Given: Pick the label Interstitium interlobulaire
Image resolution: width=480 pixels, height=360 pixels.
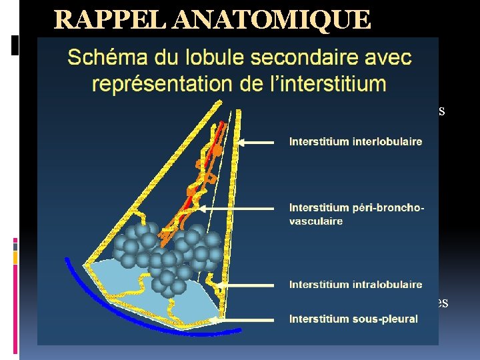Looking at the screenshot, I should pos(355,141).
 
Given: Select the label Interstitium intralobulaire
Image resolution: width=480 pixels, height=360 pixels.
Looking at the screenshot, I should pos(355,285).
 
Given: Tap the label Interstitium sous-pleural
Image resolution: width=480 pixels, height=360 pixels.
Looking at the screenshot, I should pos(353,319).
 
